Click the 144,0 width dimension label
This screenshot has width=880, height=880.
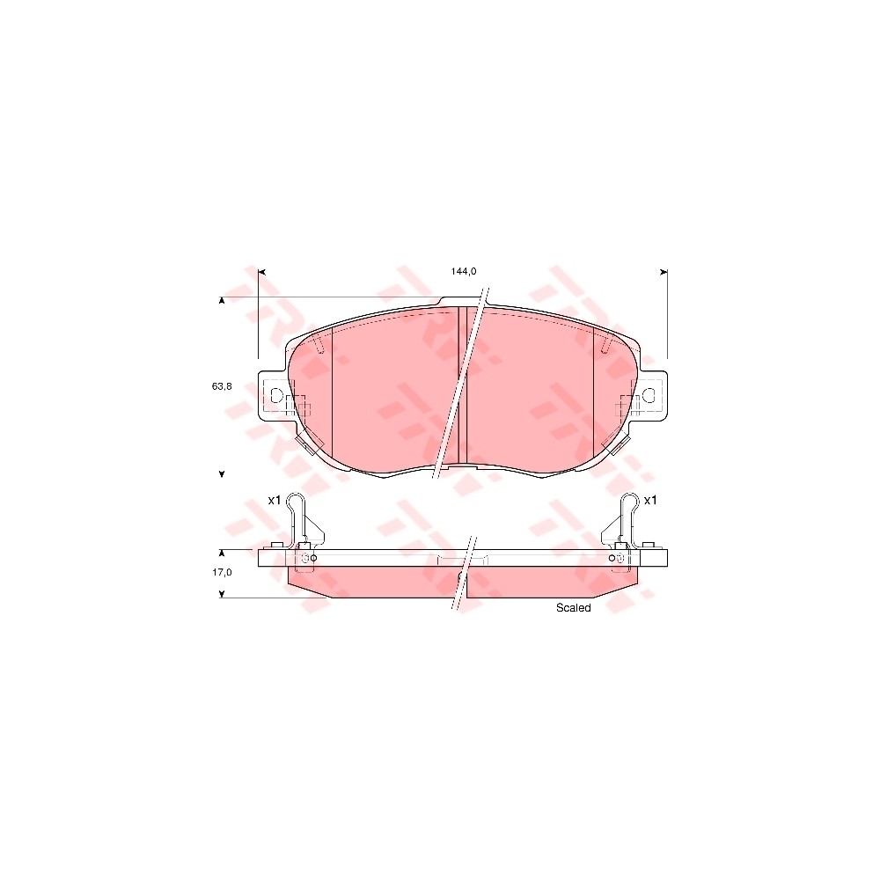click(x=464, y=271)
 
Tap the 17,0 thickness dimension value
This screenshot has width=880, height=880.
click(x=222, y=572)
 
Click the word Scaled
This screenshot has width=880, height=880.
click(x=573, y=608)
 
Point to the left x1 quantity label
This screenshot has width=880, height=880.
click(x=274, y=500)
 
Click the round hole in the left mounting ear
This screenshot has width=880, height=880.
click(x=276, y=396)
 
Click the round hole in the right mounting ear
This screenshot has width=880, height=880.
click(x=649, y=396)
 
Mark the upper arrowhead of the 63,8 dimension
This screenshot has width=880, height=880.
click(x=222, y=302)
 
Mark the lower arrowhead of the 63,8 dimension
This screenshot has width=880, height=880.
click(x=222, y=474)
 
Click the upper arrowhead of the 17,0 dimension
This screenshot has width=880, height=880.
click(x=222, y=554)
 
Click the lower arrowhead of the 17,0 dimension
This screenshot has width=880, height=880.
click(x=222, y=595)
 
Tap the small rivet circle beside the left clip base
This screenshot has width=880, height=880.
click(x=314, y=558)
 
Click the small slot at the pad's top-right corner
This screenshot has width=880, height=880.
click(x=605, y=345)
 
